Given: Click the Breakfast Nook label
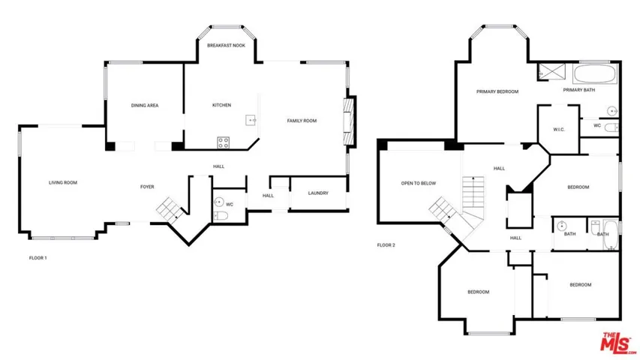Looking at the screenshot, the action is point(226,45).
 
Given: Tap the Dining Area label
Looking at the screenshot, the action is point(145,105).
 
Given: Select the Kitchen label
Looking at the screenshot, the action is point(221,105).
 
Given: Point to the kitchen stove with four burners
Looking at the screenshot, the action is point(224,142).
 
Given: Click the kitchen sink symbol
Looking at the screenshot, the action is point(251,120).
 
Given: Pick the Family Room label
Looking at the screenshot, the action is point(302,121).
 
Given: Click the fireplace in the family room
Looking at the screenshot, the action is point(349,121).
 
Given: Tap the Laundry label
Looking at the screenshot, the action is point(318,193).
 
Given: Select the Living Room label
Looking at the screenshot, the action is point(63,182).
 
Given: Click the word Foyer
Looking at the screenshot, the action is point(147,187).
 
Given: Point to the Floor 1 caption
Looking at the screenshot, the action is point(38,258).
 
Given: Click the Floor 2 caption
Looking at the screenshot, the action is point(386,245).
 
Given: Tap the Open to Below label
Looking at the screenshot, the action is point(419,183).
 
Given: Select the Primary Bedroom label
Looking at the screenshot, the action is point(497,91).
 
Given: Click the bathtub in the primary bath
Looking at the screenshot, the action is point(595,74).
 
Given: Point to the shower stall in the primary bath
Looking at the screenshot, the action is point(551,72).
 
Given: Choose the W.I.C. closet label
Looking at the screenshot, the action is point(559,130).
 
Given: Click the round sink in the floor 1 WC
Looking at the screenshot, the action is point(219,202).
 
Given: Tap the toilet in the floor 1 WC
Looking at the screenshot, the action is point(221,216).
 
